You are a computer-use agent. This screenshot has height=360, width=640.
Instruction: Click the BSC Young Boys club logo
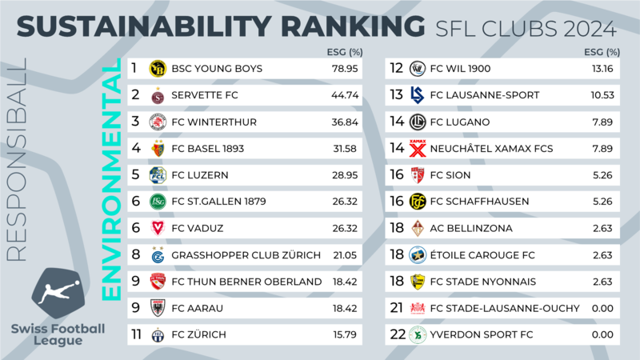tap(158, 69)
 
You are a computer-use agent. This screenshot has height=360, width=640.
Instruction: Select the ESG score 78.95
tap(345, 69)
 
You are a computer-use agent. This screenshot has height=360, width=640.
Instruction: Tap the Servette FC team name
tap(205, 95)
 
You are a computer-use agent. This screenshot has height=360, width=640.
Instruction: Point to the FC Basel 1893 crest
tap(158, 148)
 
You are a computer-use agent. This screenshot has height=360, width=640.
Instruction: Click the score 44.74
tap(345, 95)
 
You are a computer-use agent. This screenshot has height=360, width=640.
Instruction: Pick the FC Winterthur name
tap(214, 122)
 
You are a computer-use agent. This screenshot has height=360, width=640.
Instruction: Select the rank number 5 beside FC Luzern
tap(135, 174)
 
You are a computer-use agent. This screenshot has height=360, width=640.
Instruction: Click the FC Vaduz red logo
tap(158, 228)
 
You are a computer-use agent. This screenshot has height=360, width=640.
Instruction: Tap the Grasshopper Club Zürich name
tap(246, 255)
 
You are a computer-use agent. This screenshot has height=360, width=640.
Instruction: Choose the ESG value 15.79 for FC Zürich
tap(345, 334)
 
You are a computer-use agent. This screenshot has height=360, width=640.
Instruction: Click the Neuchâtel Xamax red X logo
tap(418, 148)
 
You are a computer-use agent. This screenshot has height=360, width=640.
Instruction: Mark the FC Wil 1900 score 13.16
tap(602, 69)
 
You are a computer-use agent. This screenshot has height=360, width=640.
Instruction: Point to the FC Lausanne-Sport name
tap(485, 95)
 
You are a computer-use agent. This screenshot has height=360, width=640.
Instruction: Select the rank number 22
tap(398, 334)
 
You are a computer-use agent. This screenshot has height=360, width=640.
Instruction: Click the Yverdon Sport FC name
tap(482, 334)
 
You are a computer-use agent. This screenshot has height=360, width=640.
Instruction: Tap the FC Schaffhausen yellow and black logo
tap(418, 202)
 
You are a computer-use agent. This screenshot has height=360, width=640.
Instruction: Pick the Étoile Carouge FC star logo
tap(418, 254)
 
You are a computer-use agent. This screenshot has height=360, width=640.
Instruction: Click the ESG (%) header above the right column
tap(602, 52)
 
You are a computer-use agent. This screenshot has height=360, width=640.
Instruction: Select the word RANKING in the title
tap(353, 26)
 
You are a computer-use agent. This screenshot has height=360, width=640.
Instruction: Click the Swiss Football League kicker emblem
tap(58, 293)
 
